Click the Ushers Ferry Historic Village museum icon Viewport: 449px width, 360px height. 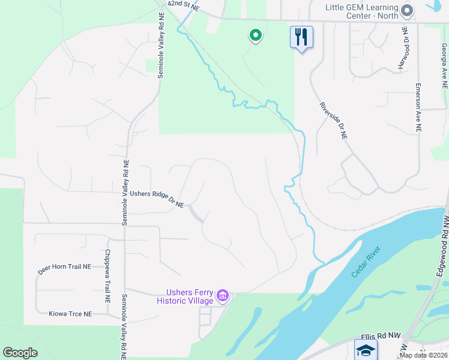point(223,295)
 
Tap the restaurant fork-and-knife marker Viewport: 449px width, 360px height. point(301,37)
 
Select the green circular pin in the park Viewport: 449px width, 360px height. point(256,36)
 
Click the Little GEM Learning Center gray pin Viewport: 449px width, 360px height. point(408,11)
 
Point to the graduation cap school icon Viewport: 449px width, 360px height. point(366,349)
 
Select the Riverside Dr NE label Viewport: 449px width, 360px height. point(333,121)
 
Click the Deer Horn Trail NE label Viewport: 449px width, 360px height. point(64,269)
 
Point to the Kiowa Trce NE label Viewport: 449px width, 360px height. point(71,314)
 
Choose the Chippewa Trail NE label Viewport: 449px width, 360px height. point(108,275)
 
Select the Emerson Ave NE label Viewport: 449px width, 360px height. point(418,107)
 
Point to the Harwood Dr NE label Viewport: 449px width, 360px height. point(403,47)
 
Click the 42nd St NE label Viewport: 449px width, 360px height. point(182,5)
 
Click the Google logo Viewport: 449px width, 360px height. point(20,353)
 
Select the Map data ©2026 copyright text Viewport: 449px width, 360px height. point(422,355)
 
